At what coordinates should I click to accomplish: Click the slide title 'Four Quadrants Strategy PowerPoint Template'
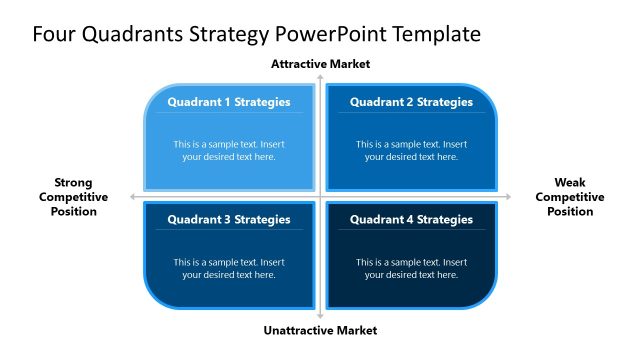pos(256,34)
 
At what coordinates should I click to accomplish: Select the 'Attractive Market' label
pos(320,64)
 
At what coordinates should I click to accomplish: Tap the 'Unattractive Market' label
pos(320,330)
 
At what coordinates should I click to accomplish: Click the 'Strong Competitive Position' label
pos(73,197)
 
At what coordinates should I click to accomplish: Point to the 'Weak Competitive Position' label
pos(569,197)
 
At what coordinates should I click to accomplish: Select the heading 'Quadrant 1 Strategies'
pos(229,102)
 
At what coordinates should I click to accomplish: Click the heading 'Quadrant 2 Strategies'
pos(411,102)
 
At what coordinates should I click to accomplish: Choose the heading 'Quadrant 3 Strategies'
pos(229,219)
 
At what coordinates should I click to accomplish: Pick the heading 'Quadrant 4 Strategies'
pos(411,219)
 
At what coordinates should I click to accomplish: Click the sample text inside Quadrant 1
pos(229,150)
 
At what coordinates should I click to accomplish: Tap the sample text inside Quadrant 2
pos(411,150)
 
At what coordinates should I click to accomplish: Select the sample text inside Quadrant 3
pos(229,268)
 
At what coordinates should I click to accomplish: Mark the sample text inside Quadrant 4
pos(411,268)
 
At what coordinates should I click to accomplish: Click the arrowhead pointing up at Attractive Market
pos(320,76)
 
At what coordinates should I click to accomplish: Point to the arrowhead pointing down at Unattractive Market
pos(320,317)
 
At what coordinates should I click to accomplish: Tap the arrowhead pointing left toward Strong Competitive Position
pos(133,197)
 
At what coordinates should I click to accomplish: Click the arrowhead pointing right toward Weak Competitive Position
pos(508,197)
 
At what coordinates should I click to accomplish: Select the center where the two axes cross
pos(320,197)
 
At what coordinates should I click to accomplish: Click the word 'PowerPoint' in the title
pos(337,34)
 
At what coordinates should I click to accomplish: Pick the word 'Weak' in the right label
pos(569,183)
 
